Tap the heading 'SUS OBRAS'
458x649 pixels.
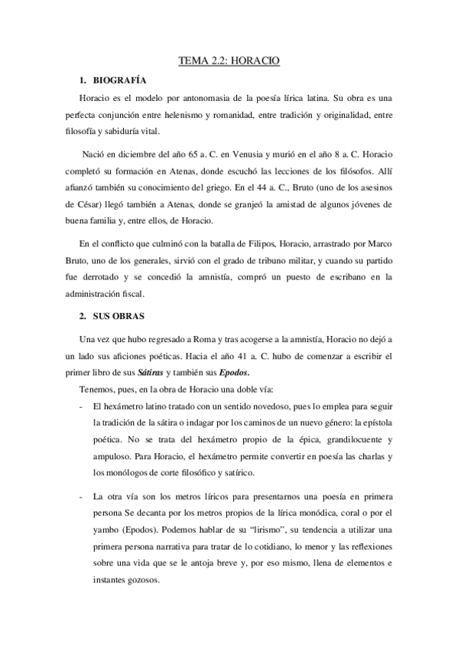click(122, 315)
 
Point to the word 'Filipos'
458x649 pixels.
click(248, 245)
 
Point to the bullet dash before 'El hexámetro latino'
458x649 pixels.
click(81, 405)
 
